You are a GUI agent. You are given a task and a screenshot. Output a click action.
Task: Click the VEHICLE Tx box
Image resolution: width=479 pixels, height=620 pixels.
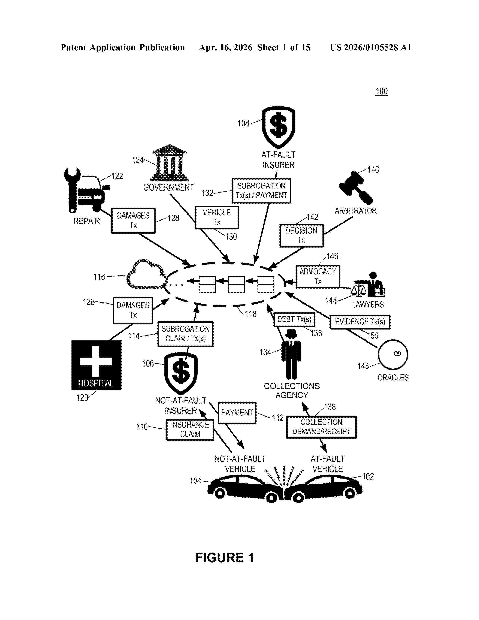(217, 217)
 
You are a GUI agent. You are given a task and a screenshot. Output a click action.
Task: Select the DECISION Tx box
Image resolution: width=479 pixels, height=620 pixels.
(301, 236)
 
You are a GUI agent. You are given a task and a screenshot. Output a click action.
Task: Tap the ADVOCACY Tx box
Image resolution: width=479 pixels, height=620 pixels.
(318, 277)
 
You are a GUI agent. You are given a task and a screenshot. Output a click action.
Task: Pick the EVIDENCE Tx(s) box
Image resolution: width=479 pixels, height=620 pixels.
(360, 322)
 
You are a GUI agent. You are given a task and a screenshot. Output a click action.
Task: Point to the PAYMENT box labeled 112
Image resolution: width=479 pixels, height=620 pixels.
(237, 413)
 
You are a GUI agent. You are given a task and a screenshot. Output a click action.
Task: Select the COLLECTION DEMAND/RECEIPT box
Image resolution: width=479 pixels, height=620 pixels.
(321, 427)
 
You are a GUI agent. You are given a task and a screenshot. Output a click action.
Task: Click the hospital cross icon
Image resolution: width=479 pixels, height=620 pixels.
(96, 365)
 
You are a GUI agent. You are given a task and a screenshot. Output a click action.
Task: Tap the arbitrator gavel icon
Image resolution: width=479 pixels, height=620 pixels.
(356, 188)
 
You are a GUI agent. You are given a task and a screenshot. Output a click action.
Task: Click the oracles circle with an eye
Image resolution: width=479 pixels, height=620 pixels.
(393, 355)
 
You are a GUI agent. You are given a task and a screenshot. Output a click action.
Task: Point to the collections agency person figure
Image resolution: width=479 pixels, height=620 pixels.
(291, 354)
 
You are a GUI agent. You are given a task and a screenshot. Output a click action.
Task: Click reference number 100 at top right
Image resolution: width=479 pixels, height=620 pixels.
(381, 91)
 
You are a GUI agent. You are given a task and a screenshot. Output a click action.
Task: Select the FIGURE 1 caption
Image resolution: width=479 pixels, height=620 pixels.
(224, 558)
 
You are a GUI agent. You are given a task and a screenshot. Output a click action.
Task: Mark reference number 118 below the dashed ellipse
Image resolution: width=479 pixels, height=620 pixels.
(251, 314)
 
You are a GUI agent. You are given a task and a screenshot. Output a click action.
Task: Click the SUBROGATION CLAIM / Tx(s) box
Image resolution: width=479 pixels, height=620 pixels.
(186, 334)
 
